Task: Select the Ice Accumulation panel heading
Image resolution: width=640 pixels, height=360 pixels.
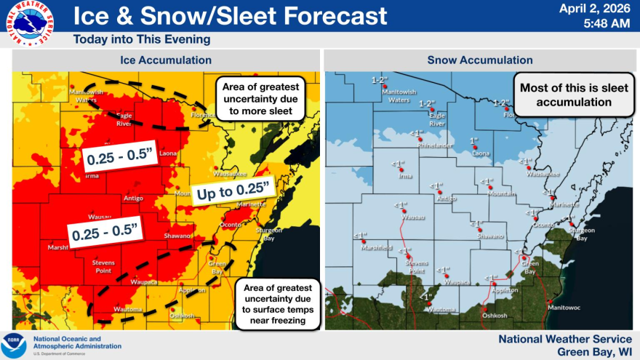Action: click(x=166, y=60)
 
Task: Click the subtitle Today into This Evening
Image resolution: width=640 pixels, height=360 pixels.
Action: click(x=142, y=39)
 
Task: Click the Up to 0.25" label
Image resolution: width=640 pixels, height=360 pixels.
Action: click(x=234, y=191)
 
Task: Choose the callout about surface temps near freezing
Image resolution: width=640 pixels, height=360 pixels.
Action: click(x=279, y=304)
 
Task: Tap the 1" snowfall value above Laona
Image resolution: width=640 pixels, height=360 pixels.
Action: click(x=473, y=140)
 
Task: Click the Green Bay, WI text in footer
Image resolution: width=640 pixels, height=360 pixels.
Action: click(x=592, y=352)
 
